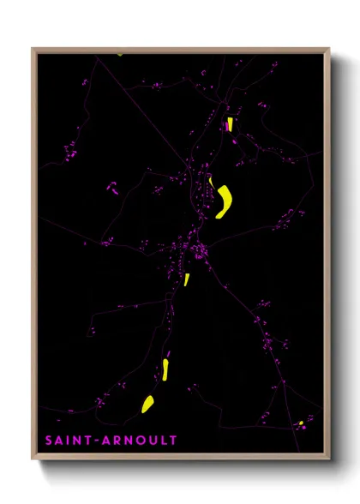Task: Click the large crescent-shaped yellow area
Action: (x=225, y=202)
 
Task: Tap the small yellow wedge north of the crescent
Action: (x=229, y=124)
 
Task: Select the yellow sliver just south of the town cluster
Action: (x=186, y=279)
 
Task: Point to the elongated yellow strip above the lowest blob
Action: (x=165, y=369)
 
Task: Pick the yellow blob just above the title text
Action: (x=147, y=404)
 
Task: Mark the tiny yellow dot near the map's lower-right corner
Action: (x=301, y=423)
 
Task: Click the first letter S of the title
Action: (x=50, y=441)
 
